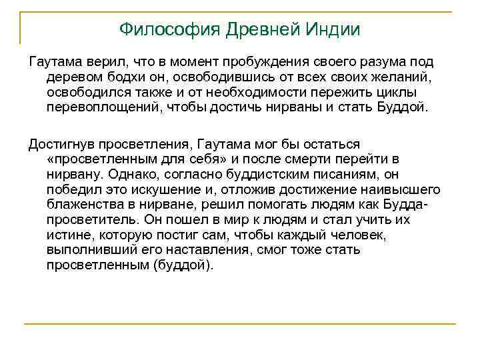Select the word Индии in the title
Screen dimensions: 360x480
click(x=334, y=29)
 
